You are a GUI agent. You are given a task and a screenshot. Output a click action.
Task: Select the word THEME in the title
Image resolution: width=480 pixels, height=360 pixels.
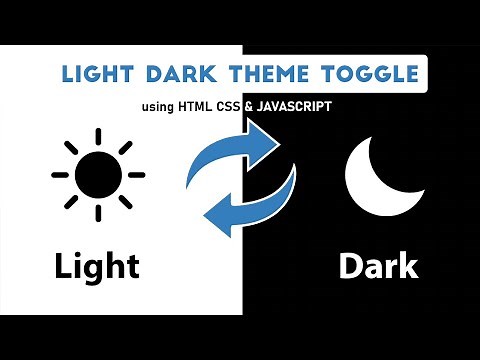pos(263,75)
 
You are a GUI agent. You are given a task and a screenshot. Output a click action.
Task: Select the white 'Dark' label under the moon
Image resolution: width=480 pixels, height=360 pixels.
pos(377,266)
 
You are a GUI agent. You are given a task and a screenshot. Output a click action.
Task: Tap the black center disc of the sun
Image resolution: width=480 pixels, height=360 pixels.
pos(97,174)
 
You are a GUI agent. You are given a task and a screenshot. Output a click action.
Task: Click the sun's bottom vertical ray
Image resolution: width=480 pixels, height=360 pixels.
pos(97,213)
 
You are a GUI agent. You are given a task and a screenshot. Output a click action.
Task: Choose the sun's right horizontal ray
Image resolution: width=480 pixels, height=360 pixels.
pos(136,174)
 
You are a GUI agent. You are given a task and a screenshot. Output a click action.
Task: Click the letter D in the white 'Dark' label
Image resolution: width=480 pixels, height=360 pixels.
pos(350,266)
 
